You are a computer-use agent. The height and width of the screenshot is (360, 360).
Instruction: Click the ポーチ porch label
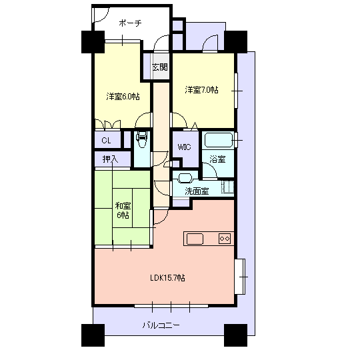[130, 23]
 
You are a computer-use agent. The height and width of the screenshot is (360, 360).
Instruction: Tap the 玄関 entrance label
[160, 67]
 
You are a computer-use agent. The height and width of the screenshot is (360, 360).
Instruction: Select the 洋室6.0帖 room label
[123, 97]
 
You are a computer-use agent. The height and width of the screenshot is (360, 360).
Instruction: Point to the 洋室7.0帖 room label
[201, 89]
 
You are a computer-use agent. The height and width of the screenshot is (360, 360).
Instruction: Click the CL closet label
[106, 140]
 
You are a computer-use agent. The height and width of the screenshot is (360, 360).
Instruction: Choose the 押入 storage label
[110, 159]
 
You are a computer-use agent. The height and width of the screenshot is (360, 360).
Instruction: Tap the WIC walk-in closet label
[184, 147]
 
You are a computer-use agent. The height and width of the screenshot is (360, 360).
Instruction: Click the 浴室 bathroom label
[217, 159]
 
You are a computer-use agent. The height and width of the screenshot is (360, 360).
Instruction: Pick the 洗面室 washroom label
[197, 191]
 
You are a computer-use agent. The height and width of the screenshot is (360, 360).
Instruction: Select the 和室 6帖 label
[123, 210]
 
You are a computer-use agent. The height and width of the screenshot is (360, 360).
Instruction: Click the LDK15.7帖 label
[167, 278]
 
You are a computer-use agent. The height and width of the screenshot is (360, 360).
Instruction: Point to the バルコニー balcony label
[161, 325]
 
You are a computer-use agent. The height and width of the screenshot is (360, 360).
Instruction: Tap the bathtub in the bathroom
[219, 140]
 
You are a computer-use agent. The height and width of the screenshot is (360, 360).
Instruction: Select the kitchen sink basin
[195, 239]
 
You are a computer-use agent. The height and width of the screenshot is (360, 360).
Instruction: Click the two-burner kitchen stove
[225, 239]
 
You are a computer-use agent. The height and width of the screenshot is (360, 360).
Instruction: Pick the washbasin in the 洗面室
[185, 178]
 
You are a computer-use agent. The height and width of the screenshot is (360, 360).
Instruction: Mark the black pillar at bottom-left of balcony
[93, 335]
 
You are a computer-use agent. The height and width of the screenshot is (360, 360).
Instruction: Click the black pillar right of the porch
[236, 41]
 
